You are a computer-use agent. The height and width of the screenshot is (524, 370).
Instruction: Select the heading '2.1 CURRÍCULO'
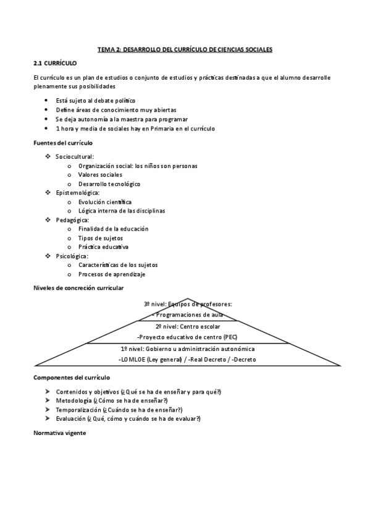click(55, 63)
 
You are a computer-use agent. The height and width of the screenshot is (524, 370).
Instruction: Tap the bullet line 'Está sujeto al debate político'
click(95, 100)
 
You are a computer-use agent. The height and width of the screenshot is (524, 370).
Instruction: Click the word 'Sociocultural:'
click(75, 157)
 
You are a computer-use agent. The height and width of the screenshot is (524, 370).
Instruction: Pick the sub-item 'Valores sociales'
click(100, 175)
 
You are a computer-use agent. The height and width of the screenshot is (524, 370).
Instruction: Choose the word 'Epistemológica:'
click(77, 193)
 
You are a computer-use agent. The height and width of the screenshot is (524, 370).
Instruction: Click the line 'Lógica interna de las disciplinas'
click(122, 211)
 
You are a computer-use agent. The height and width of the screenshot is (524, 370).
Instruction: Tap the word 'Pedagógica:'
click(72, 220)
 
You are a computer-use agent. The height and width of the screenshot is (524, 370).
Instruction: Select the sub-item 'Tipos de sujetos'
click(100, 238)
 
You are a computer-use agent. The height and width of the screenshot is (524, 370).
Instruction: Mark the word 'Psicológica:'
click(72, 256)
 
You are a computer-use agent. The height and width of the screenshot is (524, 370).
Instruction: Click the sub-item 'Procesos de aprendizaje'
click(112, 274)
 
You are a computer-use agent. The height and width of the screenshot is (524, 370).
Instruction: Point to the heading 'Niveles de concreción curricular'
click(78, 288)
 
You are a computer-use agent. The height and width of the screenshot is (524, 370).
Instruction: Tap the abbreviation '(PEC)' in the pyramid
click(229, 337)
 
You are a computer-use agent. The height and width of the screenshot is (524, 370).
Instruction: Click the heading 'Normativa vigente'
click(60, 433)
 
